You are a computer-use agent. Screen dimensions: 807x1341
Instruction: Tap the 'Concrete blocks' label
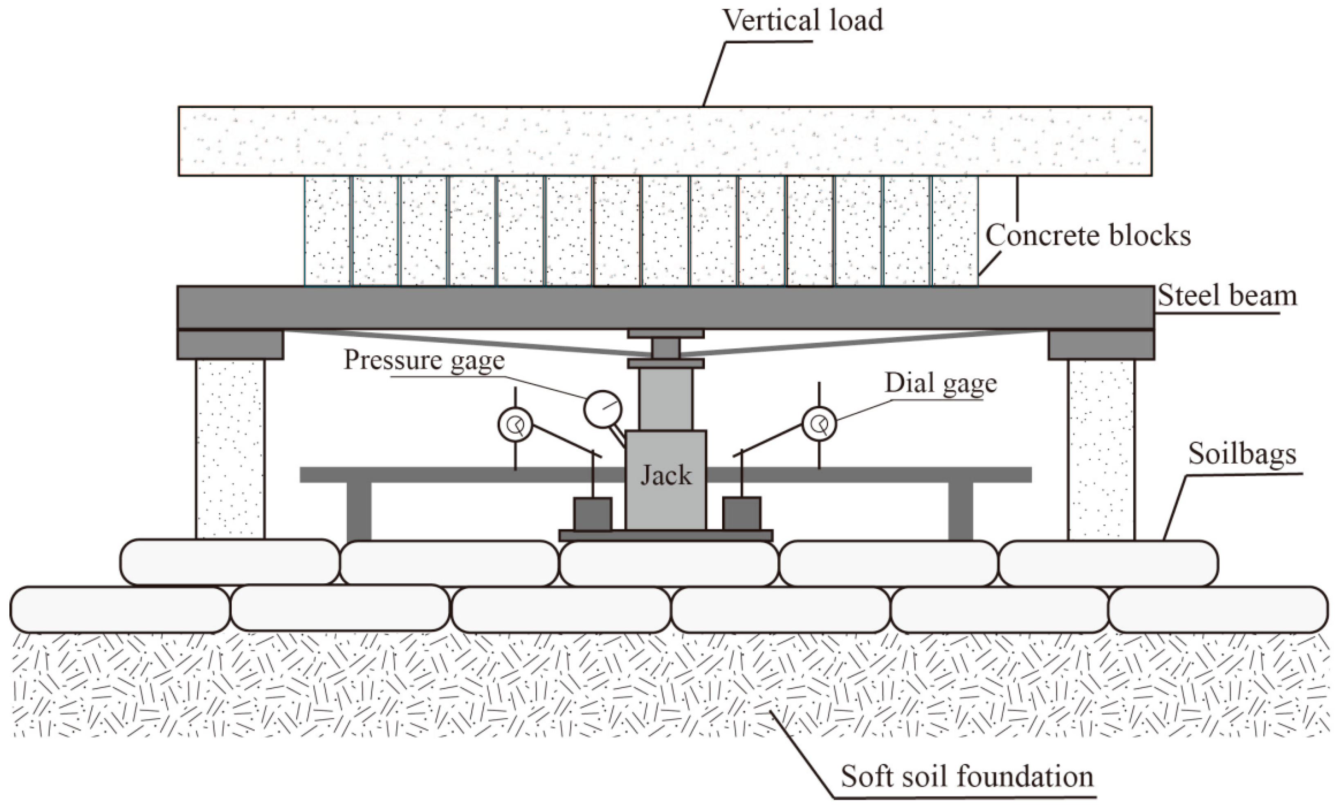point(1088,236)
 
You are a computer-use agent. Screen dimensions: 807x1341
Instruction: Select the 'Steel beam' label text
point(1227,296)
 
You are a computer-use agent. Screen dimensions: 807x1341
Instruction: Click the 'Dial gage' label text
point(941,383)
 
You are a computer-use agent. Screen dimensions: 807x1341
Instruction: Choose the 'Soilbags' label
point(1242,454)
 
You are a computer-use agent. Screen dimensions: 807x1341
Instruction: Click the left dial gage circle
point(514,425)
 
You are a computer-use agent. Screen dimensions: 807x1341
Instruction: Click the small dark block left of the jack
point(593,514)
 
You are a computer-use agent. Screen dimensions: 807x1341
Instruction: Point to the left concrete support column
point(230,448)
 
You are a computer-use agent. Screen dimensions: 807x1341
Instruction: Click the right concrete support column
point(1101,448)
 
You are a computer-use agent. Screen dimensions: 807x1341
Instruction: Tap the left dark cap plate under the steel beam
point(230,345)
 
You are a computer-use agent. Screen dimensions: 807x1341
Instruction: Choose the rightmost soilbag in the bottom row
point(1217,610)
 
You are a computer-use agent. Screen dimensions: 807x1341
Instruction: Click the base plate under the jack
point(666,536)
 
